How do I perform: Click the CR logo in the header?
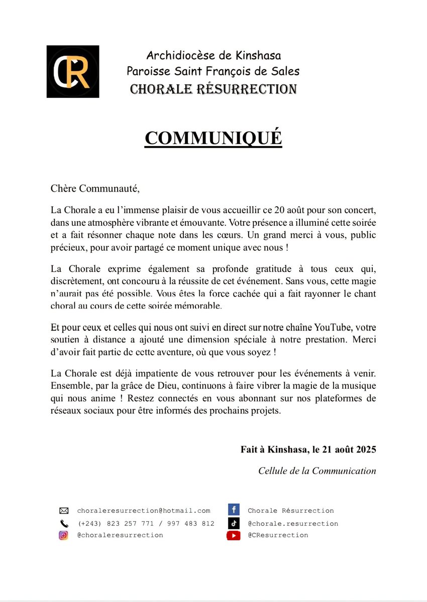[72, 71]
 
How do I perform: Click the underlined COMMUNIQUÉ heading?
[213, 138]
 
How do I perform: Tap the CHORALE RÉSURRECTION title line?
[213, 89]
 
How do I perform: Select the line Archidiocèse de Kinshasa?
[213, 55]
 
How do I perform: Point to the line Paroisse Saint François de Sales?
[213, 71]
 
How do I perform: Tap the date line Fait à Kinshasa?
[308, 449]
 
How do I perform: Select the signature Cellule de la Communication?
[317, 471]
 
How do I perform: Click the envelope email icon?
[64, 511]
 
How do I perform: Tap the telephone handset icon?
[64, 523]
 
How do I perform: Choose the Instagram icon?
[64, 535]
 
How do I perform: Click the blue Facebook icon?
[233, 510]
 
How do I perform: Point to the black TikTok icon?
[233, 523]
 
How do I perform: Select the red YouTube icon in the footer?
[233, 535]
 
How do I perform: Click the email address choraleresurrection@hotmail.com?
[144, 511]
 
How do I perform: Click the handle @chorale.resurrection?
[293, 523]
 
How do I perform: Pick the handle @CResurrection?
[278, 535]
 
